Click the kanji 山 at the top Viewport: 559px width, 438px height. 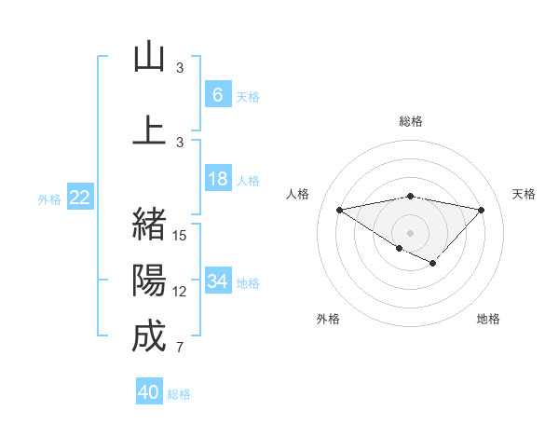[x=149, y=57]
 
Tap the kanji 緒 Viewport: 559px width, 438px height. [x=149, y=224]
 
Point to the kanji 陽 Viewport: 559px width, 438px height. [x=149, y=280]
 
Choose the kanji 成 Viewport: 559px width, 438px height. [x=149, y=336]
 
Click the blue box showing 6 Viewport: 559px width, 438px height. [x=217, y=94]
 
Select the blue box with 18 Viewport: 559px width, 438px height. [x=217, y=178]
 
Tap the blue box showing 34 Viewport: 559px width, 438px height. [x=217, y=281]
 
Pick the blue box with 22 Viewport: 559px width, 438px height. [x=80, y=197]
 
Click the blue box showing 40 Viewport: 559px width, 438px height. [x=149, y=392]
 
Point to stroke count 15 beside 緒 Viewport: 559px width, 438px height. [x=181, y=236]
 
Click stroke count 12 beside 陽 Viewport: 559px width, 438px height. [x=181, y=292]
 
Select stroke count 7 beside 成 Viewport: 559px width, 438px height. [x=181, y=349]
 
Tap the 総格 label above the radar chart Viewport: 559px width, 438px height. [x=410, y=121]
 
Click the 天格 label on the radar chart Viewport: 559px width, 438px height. [x=524, y=194]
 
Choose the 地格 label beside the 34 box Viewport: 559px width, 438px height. [x=248, y=282]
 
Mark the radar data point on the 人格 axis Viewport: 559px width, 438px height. [x=339, y=209]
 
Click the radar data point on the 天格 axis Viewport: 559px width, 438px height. [x=482, y=209]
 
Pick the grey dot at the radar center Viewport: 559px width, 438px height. [x=410, y=232]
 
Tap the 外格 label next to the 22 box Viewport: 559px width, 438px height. [x=49, y=198]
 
